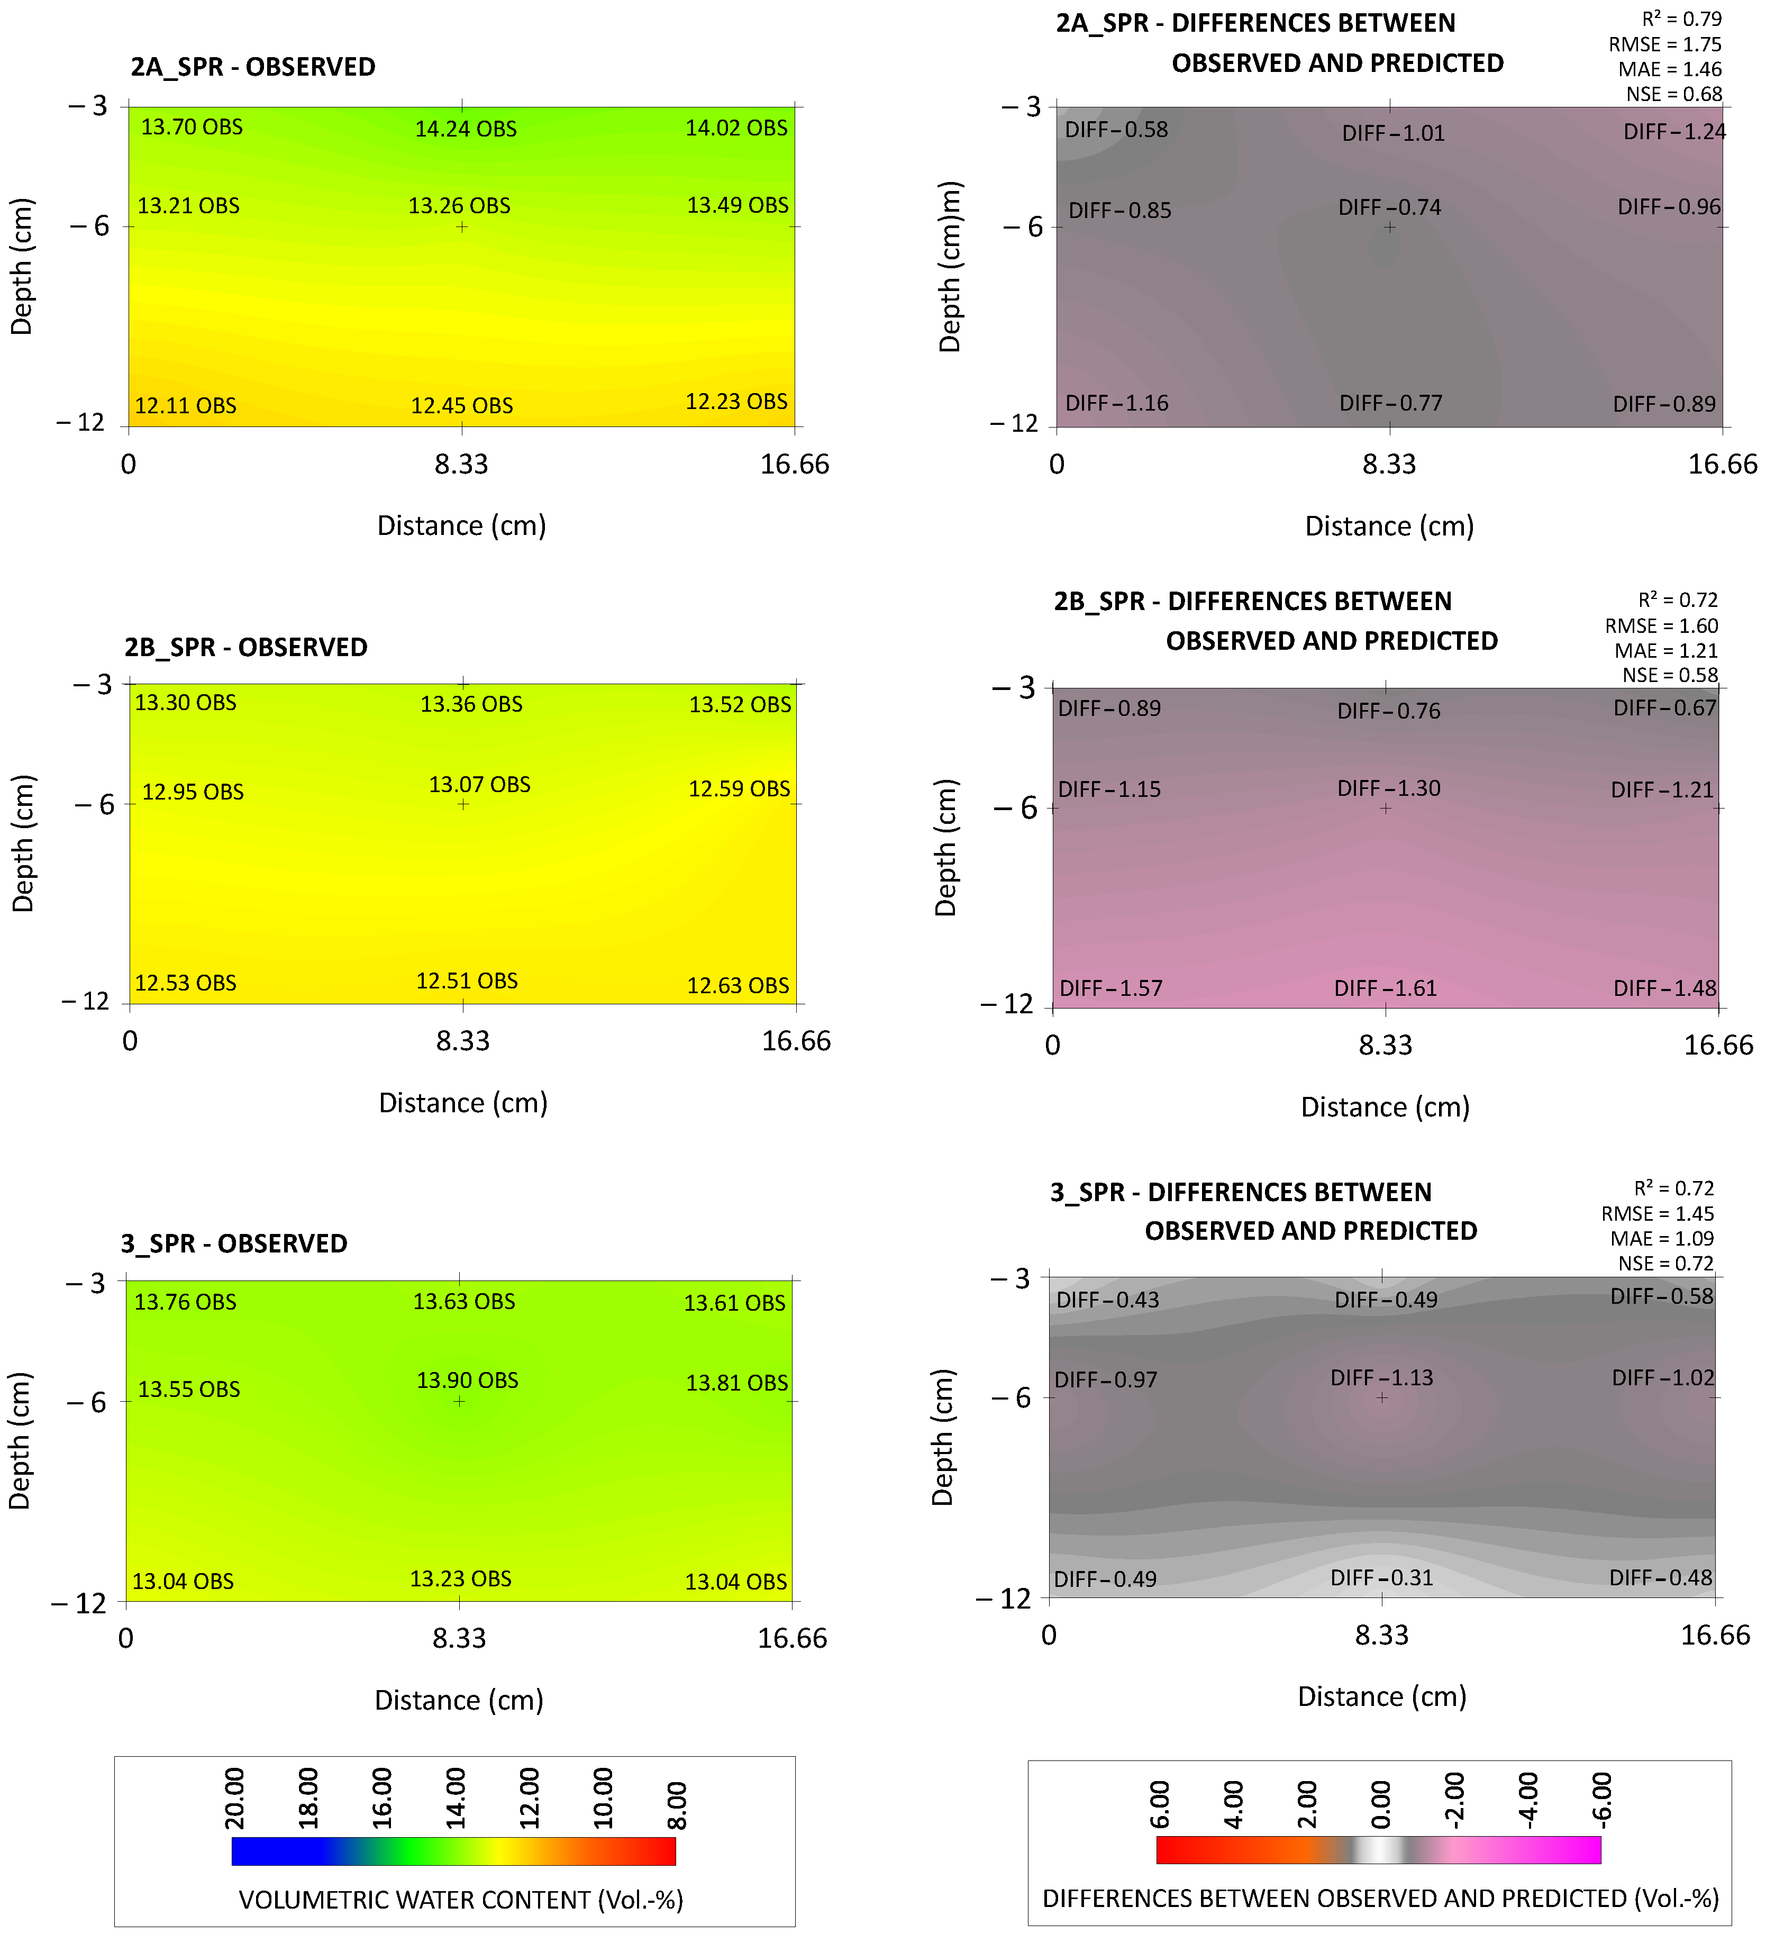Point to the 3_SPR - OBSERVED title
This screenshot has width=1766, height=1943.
234,1244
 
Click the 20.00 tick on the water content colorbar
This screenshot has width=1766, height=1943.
234,1797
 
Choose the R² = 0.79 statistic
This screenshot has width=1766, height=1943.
1681,19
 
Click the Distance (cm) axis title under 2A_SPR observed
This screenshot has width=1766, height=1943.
461,526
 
